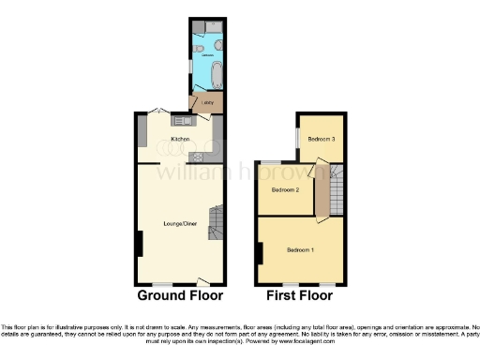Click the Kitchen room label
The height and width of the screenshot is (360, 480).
click(x=180, y=139)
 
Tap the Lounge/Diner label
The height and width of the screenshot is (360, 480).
click(x=179, y=223)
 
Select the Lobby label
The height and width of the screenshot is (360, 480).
click(x=206, y=100)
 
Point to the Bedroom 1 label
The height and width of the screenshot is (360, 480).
click(x=301, y=249)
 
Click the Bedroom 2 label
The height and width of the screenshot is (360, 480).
click(x=285, y=190)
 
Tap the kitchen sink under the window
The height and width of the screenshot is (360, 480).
click(x=181, y=119)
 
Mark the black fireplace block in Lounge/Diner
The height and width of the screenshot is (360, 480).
click(x=140, y=244)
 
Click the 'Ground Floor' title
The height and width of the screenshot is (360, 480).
click(x=180, y=295)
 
